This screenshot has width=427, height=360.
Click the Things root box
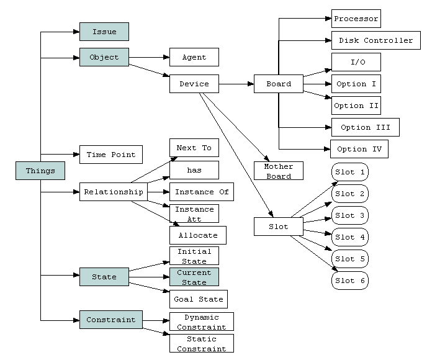[x=40, y=171]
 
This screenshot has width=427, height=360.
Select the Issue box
[x=104, y=32]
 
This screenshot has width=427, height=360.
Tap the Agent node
[x=194, y=57]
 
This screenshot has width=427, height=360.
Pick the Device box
[x=194, y=84]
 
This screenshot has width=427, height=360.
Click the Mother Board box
[x=279, y=171]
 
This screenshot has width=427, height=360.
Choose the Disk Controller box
[x=376, y=40]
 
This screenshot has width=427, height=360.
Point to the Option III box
[x=366, y=127]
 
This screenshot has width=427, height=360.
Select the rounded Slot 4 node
[x=350, y=237]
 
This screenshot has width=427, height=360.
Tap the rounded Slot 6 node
[x=350, y=281]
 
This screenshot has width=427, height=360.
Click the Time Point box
[x=111, y=155]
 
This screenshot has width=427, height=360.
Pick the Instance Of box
[x=202, y=192]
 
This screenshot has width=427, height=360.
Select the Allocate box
[x=198, y=235]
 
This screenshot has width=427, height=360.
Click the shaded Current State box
[x=194, y=277]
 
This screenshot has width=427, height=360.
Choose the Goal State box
[x=199, y=299]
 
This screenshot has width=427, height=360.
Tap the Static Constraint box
[x=202, y=343]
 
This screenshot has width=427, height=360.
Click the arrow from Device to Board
[x=236, y=84]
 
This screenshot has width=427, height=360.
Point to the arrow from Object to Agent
[x=149, y=57]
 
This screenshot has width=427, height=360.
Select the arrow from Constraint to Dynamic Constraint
[x=156, y=320]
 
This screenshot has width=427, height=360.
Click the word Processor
[x=356, y=19]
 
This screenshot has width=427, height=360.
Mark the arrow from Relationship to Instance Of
[x=158, y=192]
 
